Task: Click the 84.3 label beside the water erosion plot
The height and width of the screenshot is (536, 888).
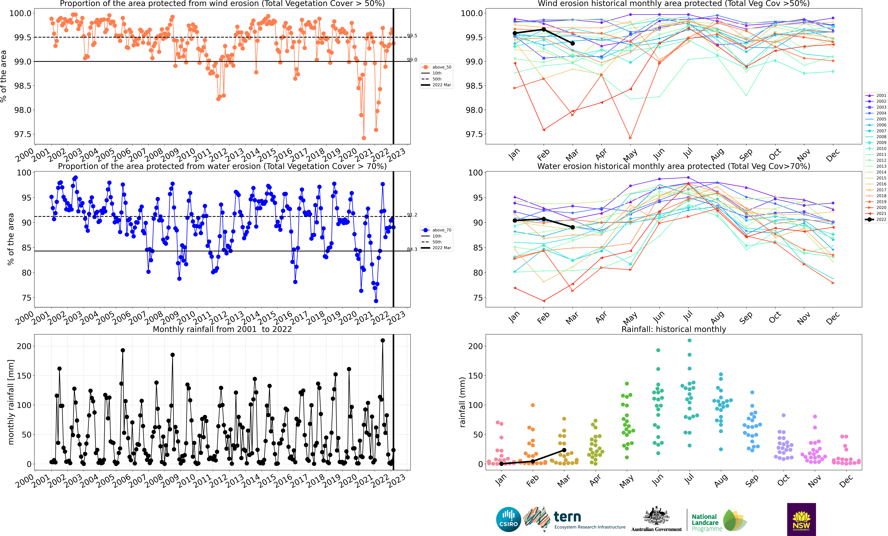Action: [x=412, y=249]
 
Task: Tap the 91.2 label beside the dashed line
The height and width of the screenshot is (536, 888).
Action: [x=412, y=215]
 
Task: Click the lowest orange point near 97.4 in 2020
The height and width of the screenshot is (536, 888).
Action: [x=364, y=138]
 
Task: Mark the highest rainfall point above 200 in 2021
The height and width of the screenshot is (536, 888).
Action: [x=383, y=340]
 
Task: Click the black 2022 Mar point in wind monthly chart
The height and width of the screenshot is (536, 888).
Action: [x=573, y=43]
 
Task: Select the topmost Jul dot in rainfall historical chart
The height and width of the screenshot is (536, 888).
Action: [x=689, y=340]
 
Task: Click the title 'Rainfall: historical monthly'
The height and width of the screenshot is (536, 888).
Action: [x=674, y=329]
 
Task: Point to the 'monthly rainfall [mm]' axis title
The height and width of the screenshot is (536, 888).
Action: [x=11, y=402]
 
